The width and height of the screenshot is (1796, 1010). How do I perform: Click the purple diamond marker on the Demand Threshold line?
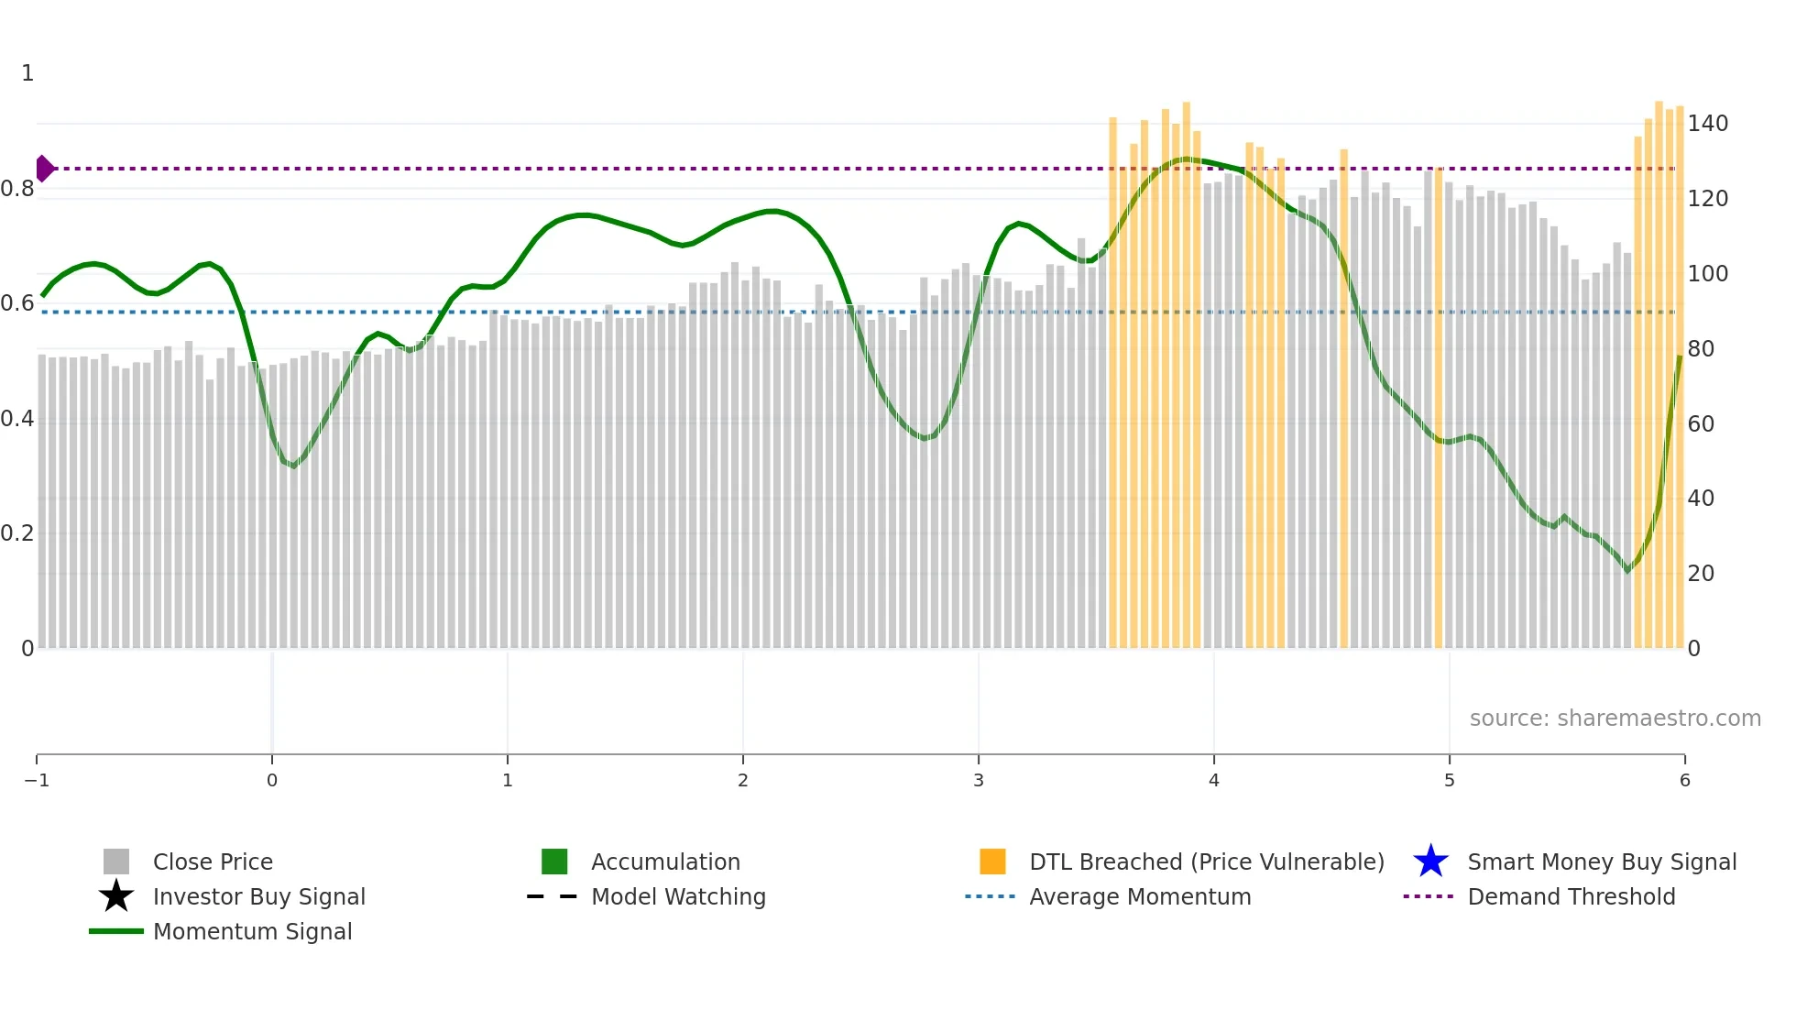click(44, 169)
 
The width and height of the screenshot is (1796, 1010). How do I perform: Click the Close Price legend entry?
click(212, 862)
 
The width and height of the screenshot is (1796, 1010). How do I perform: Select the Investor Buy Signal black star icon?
click(116, 896)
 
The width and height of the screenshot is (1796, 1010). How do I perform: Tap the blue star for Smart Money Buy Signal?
click(1430, 862)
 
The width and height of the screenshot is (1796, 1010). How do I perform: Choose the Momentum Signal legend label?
click(252, 931)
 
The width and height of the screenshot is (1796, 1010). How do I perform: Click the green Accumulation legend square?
click(554, 862)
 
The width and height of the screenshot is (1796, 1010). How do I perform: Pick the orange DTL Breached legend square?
click(992, 862)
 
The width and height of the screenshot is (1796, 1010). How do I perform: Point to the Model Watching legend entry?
click(678, 896)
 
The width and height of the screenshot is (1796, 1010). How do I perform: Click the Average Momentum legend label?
click(1140, 896)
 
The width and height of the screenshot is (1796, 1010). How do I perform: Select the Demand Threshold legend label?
click(1571, 896)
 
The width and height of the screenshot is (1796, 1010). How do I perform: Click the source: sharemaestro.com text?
click(1615, 719)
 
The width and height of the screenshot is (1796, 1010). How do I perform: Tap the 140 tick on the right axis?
click(1708, 124)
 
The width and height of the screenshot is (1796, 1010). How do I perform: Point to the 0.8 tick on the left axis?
click(17, 189)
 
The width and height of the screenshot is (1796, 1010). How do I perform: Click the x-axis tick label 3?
click(979, 780)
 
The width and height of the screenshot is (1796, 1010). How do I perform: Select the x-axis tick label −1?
click(37, 780)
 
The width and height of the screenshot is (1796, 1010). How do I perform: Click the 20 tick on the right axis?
click(1701, 574)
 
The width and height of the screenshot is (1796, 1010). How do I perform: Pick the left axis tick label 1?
click(27, 73)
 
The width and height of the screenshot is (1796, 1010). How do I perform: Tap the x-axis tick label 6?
click(1684, 780)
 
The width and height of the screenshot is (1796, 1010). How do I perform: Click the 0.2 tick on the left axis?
click(17, 533)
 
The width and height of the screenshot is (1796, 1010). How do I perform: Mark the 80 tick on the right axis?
click(1701, 349)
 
